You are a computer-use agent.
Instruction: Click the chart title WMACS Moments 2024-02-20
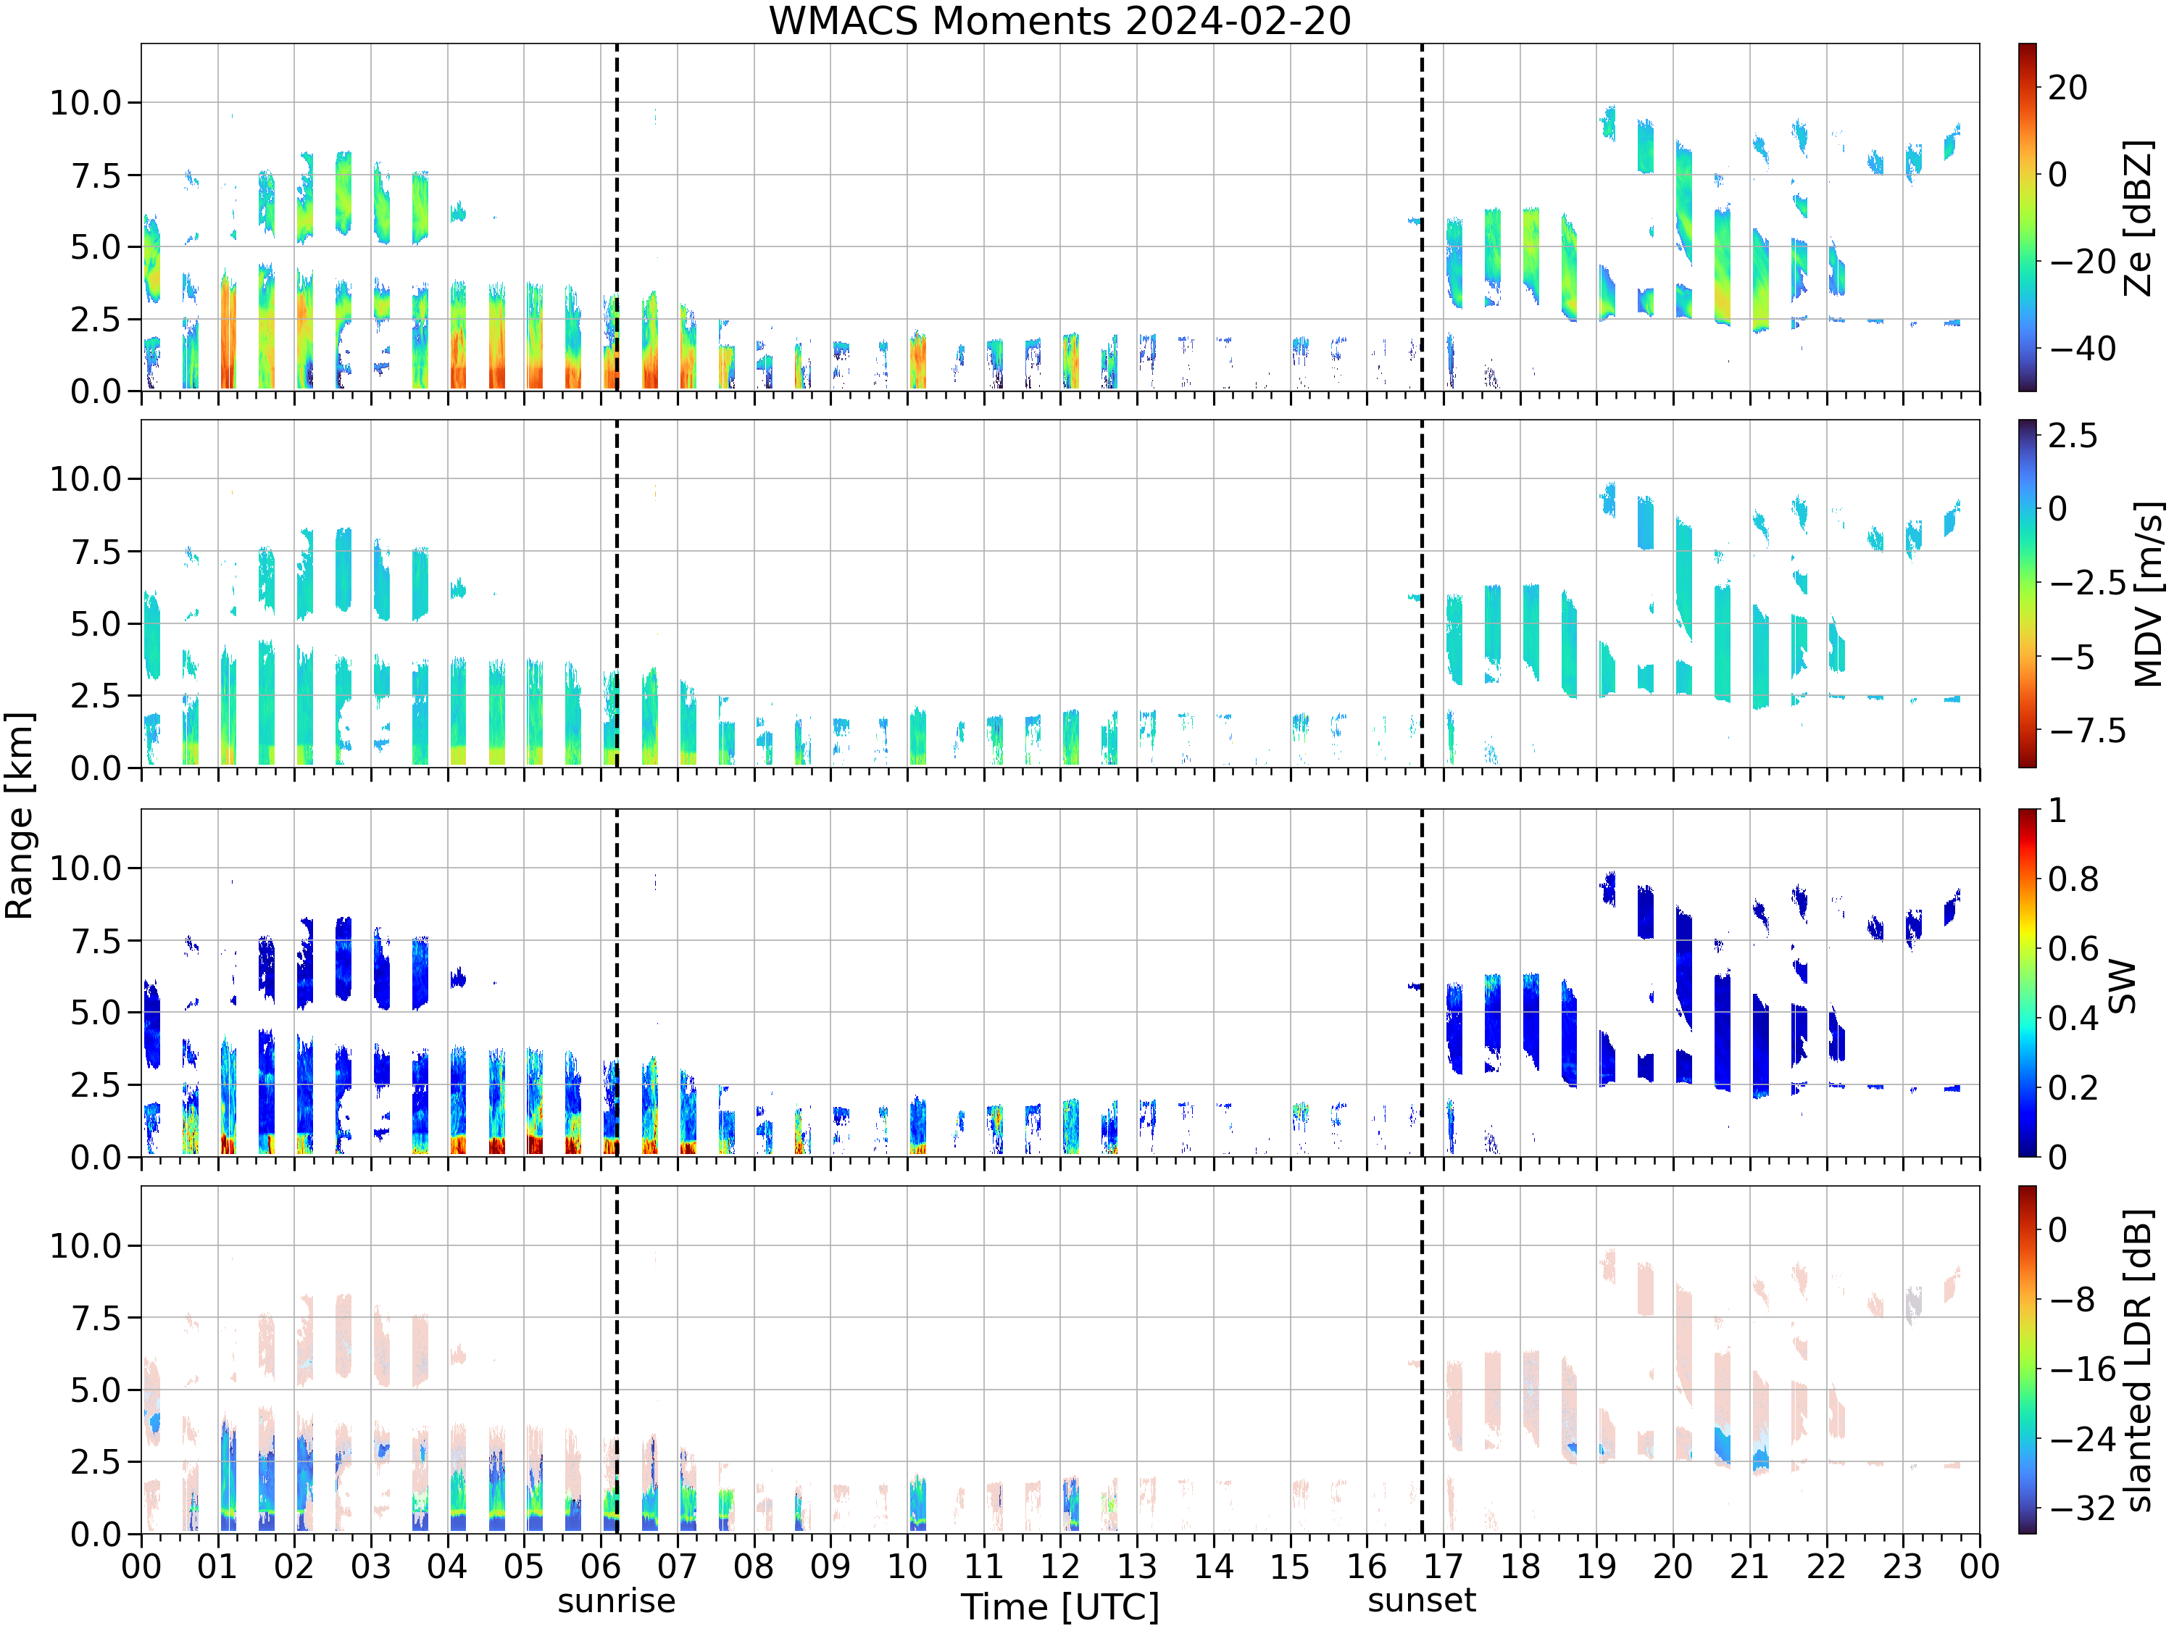[x=1059, y=20]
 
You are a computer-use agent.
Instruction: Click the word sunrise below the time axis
[x=616, y=1601]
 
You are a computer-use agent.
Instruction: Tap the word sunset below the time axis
[x=1421, y=1601]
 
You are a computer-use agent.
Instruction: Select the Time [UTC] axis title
[x=1059, y=1607]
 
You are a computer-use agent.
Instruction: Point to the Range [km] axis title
[x=19, y=816]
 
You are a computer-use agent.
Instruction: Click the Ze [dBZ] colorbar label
[x=2138, y=217]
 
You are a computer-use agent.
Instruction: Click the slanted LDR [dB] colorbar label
[x=2138, y=1360]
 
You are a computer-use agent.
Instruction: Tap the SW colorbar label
[x=2123, y=985]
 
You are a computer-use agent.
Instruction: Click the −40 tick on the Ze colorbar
[x=2082, y=348]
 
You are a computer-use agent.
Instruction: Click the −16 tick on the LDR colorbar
[x=2082, y=1369]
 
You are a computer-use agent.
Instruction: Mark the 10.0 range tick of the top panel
[x=86, y=102]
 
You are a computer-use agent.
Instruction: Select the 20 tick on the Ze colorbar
[x=2068, y=88]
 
